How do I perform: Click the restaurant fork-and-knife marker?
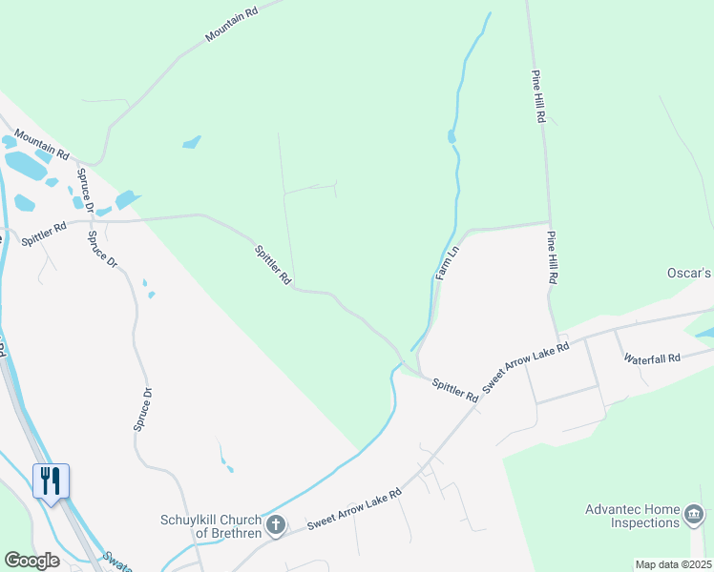51,480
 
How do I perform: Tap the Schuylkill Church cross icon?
276,524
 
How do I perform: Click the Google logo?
31,561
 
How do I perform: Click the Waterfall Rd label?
652,358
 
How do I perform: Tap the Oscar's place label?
689,273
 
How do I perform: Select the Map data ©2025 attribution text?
672,564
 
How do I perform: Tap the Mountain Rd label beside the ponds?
41,146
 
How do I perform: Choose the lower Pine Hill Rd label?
552,258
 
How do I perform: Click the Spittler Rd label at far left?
44,234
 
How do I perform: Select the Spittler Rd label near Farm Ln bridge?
454,389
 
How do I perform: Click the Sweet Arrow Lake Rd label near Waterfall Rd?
525,366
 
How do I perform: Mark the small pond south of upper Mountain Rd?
192,143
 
